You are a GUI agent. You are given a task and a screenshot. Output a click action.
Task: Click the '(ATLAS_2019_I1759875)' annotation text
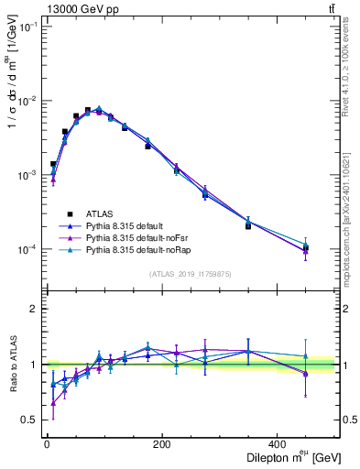191,273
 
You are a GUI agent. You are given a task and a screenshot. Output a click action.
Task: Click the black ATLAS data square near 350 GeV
247,225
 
